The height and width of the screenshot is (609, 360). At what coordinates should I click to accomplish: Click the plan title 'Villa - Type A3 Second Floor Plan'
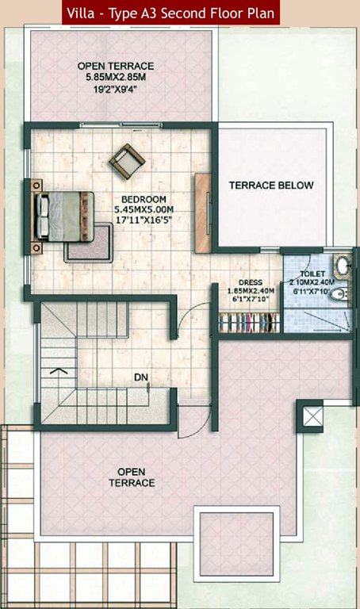tap(171, 12)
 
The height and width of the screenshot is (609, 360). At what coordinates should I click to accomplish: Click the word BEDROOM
tap(144, 198)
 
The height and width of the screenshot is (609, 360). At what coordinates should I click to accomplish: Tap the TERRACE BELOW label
tap(271, 186)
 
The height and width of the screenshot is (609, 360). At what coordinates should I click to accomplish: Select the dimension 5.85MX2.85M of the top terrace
tap(116, 78)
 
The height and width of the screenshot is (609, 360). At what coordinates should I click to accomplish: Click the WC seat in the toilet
tap(339, 294)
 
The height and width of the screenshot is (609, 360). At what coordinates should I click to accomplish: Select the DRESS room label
tap(250, 281)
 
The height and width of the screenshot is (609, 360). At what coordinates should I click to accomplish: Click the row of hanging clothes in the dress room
tap(249, 324)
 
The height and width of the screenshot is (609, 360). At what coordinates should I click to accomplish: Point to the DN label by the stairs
tap(140, 377)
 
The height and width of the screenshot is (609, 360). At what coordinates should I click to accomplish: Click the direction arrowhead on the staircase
tap(57, 370)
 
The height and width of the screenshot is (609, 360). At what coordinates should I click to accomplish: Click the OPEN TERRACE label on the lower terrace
tap(132, 477)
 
